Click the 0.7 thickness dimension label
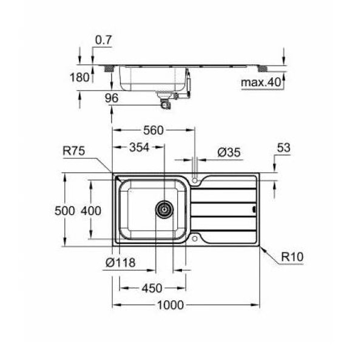(104, 40)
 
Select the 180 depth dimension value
(79, 77)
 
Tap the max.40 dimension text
(261, 82)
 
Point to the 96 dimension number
(112, 98)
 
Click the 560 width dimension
(153, 131)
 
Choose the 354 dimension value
(139, 148)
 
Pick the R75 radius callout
(74, 151)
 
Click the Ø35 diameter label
(229, 152)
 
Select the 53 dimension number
(283, 148)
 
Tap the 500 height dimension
(65, 211)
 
